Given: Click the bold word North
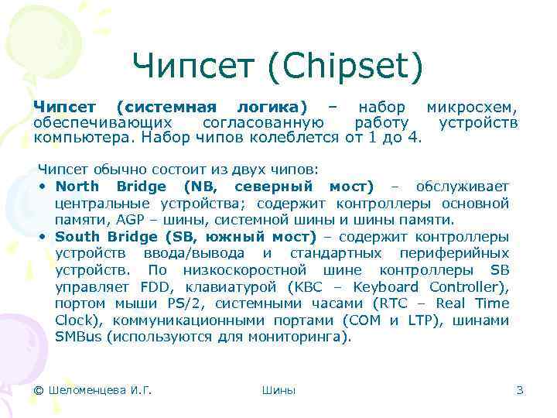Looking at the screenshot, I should [77, 187].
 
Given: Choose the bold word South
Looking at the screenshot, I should [77, 236].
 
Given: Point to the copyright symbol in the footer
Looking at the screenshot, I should [40, 390].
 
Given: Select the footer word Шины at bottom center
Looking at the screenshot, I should [278, 390].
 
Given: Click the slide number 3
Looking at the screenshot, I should [520, 390].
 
